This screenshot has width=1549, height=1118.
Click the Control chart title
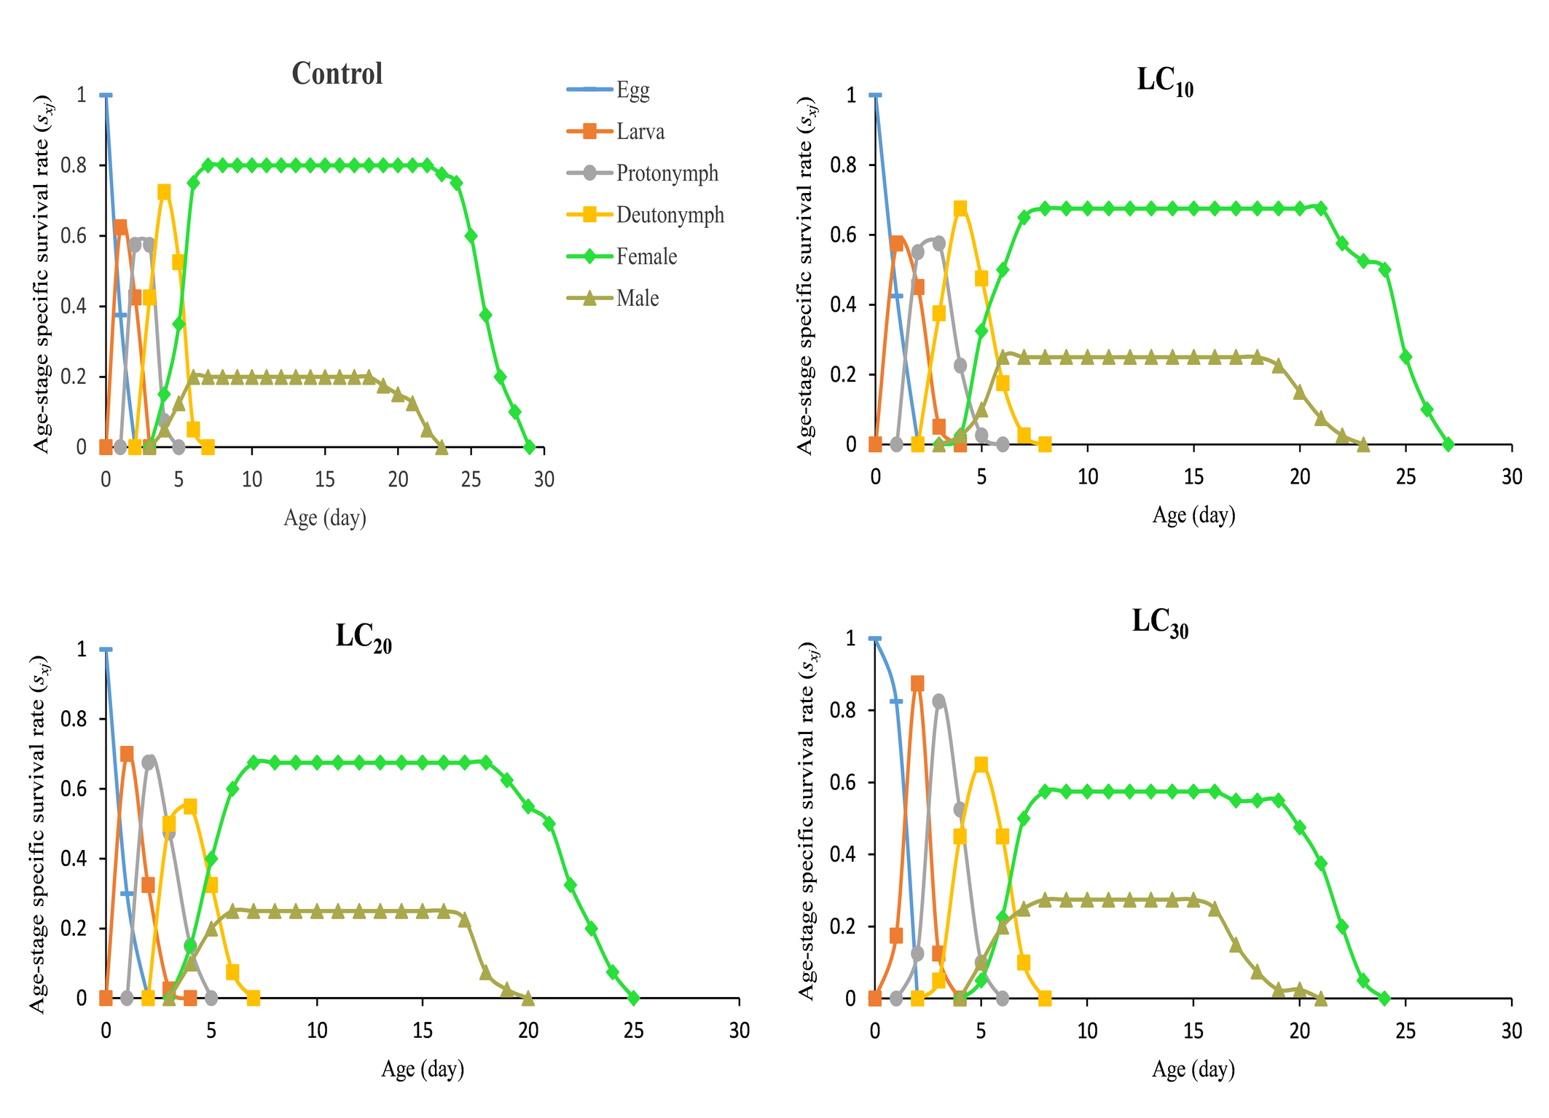pos(337,74)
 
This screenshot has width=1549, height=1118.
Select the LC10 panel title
pos(1164,82)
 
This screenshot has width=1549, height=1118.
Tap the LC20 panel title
pos(363,637)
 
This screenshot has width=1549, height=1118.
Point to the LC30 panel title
pos(1159,623)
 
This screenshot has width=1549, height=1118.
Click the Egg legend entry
pos(632,90)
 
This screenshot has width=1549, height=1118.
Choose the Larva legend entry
pos(640,131)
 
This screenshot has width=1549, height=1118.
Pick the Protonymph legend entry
pos(667,173)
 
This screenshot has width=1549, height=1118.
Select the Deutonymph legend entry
pos(670,215)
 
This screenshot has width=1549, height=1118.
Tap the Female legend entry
pos(646,256)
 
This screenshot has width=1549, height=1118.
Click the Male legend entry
pos(638,298)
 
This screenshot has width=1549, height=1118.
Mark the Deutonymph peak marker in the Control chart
pos(164,192)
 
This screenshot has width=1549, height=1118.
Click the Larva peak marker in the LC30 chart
pos(917,683)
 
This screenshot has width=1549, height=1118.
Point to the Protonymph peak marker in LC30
pos(938,701)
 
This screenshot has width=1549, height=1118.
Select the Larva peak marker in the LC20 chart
pos(127,754)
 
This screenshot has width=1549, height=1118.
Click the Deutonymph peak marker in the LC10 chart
pos(960,208)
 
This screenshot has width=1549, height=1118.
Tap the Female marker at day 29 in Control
pos(530,446)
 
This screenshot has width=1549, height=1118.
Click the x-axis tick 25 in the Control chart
pos(471,479)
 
